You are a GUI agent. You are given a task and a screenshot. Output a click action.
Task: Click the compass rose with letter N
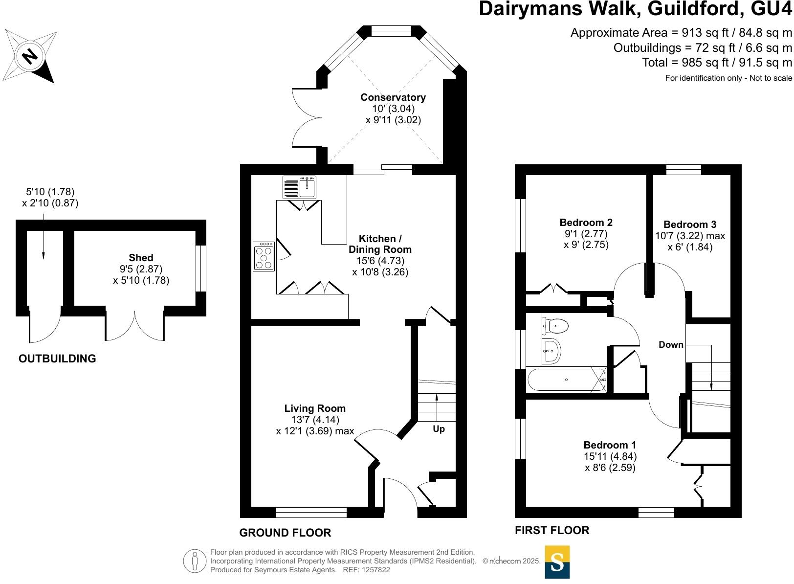coord(30,56)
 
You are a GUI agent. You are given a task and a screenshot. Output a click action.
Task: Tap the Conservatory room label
coord(393,97)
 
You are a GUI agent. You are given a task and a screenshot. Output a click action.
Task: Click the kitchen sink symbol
coord(300,187)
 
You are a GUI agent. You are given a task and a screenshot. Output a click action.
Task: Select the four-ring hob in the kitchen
coord(264,256)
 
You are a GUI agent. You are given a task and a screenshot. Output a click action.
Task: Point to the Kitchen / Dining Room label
coord(380,244)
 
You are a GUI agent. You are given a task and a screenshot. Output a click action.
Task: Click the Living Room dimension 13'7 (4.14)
coord(314,420)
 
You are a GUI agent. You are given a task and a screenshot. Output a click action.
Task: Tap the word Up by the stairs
coord(439,429)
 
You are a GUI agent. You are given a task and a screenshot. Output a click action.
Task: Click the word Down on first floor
coord(671,345)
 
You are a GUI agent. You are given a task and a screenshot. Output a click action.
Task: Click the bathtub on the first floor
coord(567,380)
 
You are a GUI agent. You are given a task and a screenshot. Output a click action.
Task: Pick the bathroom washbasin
coord(552,350)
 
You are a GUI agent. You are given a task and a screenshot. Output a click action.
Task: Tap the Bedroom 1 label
coord(610,445)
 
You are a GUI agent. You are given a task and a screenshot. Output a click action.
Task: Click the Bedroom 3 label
coord(689,225)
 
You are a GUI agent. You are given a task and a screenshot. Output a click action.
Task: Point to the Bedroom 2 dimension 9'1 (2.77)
coord(586,234)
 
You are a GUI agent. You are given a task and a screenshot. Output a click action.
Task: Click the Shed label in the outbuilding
coord(141,258)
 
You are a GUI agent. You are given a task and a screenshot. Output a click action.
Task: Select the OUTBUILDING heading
coord(57,359)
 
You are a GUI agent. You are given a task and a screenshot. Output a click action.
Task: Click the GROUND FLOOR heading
coord(285,533)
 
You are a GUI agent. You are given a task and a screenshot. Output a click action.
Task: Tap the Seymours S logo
coord(557,562)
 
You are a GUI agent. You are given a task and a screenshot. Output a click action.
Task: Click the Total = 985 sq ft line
coord(717,63)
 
